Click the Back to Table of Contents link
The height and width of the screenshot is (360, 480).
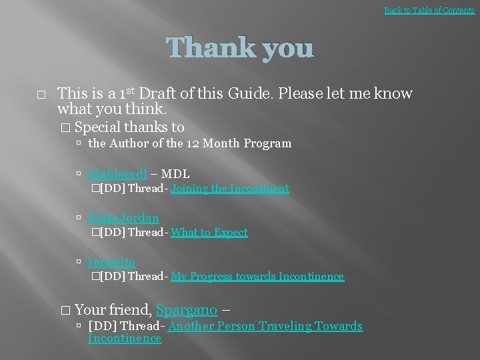pyautogui.click(x=429, y=10)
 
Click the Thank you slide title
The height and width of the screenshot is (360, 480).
pyautogui.click(x=239, y=48)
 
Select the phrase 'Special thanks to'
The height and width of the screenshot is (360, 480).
pyautogui.click(x=129, y=127)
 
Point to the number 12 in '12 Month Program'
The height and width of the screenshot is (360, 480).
pyautogui.click(x=193, y=143)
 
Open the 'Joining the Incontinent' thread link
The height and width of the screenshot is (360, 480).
pyautogui.click(x=230, y=189)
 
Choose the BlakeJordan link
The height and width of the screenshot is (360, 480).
pyautogui.click(x=123, y=219)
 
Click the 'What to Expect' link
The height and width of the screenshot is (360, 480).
pyautogui.click(x=209, y=233)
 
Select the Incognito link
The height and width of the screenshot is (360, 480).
pyautogui.click(x=111, y=263)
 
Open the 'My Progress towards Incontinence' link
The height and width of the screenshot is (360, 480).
pyautogui.click(x=257, y=277)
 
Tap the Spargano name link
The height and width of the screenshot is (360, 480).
pyautogui.click(x=187, y=309)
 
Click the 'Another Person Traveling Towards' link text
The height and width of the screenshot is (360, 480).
pyautogui.click(x=265, y=326)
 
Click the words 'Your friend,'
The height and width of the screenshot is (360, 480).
pyautogui.click(x=113, y=309)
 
